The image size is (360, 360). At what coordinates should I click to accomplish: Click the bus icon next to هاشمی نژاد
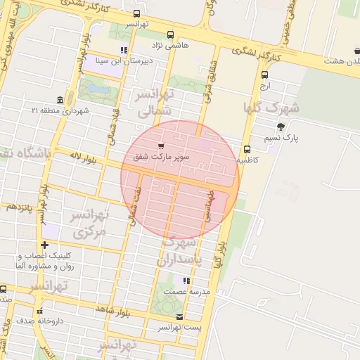click(170, 34)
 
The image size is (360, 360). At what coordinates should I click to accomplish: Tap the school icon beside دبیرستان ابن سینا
click(124, 50)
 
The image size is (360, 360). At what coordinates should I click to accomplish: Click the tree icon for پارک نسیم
click(281, 127)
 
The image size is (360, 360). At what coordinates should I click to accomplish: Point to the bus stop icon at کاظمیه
click(247, 149)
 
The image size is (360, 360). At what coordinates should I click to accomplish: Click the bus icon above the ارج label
click(264, 75)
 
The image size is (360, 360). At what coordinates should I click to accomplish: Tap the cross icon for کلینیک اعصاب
click(45, 245)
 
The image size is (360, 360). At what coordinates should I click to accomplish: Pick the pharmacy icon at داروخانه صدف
click(40, 310)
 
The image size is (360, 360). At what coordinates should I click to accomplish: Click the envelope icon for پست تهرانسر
click(180, 317)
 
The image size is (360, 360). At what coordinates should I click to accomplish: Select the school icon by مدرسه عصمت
click(186, 280)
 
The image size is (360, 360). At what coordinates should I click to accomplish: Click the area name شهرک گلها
click(271, 108)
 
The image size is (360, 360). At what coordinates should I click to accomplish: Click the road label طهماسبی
click(208, 204)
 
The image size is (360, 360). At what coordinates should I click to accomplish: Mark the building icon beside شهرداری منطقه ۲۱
click(60, 100)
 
